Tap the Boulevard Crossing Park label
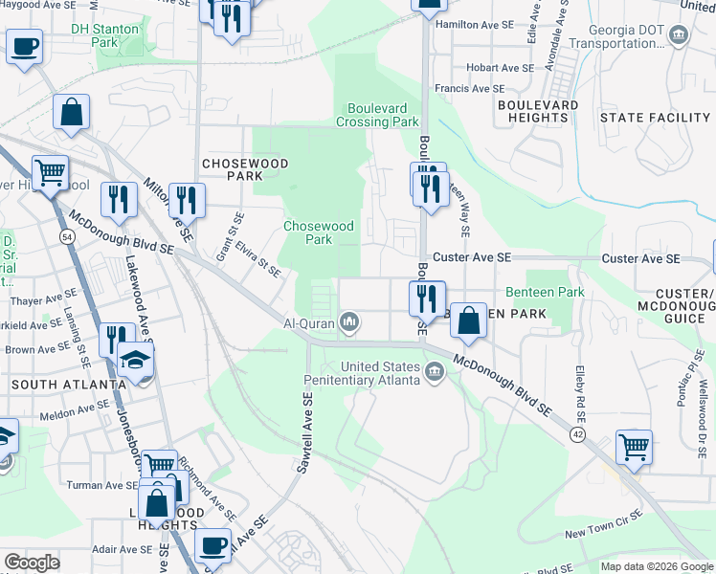[377, 115]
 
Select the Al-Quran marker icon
[350, 323]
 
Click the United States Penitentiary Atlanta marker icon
[436, 370]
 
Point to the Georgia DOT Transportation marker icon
[679, 36]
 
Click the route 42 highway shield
[577, 433]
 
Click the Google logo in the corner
[32, 563]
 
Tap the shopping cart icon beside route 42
[634, 445]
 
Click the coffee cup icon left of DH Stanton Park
[25, 45]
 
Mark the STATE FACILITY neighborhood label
[655, 118]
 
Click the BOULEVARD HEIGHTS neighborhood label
[537, 111]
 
